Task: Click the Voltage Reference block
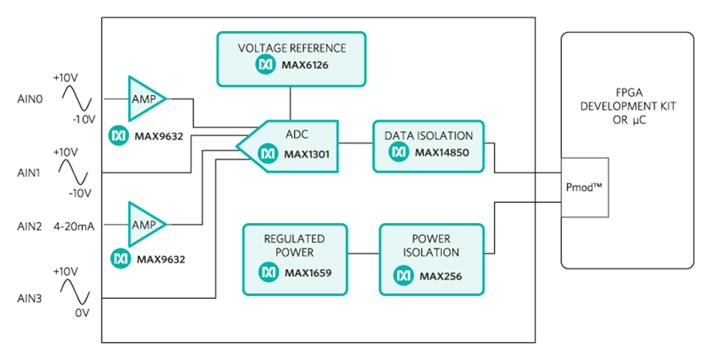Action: [291, 58]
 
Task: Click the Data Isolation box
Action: [428, 146]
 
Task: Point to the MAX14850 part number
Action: [441, 153]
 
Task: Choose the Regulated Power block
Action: [295, 259]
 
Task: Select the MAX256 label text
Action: [440, 276]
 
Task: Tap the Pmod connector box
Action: [584, 187]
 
